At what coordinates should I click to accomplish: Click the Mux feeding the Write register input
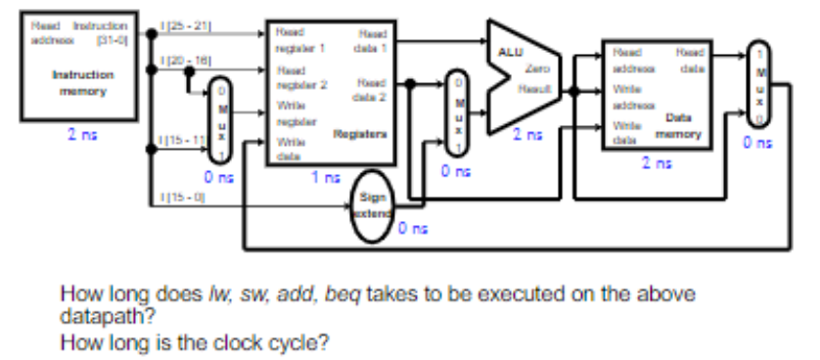223,117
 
